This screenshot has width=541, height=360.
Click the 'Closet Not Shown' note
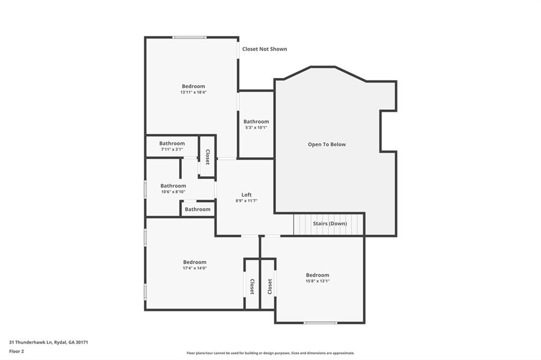265,49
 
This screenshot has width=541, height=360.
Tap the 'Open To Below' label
327,144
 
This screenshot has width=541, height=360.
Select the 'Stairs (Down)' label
330,223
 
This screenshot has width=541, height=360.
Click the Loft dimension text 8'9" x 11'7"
246,201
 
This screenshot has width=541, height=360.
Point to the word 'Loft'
246,195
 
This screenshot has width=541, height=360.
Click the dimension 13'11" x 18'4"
193,92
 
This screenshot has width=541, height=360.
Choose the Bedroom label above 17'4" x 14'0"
194,262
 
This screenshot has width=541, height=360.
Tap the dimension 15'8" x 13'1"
318,281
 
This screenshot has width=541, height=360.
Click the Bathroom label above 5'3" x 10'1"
256,121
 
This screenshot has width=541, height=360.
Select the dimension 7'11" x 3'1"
172,149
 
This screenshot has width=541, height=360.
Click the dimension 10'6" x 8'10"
173,192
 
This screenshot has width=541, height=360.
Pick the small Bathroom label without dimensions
198,209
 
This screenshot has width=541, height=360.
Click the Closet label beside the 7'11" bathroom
208,157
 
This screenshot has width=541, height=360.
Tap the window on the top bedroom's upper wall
189,37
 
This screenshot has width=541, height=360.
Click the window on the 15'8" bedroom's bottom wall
320,323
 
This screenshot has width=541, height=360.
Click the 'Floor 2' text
17,350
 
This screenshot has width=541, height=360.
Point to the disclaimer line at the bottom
270,353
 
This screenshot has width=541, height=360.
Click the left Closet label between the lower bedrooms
252,287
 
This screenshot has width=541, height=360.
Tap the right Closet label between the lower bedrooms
269,287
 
